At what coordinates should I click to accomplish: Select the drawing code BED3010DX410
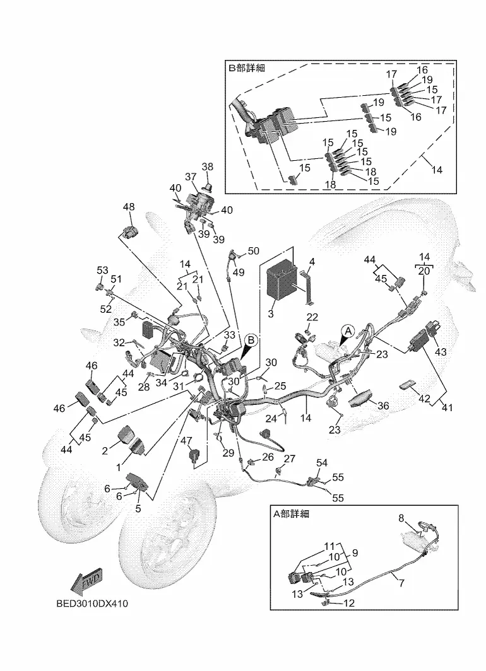pyautogui.click(x=92, y=604)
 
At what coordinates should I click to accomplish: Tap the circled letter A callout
pyautogui.click(x=348, y=331)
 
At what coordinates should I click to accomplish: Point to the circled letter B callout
pyautogui.click(x=251, y=340)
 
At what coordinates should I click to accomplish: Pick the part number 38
pyautogui.click(x=207, y=167)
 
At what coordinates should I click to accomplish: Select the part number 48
pyautogui.click(x=129, y=207)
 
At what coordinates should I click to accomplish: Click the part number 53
pyautogui.click(x=102, y=271)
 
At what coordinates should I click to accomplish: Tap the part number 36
pyautogui.click(x=383, y=405)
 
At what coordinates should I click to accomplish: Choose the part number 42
pyautogui.click(x=424, y=399)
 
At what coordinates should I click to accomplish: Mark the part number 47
pyautogui.click(x=186, y=441)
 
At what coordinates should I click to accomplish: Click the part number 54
pyautogui.click(x=322, y=463)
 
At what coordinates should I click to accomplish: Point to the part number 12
pyautogui.click(x=350, y=603)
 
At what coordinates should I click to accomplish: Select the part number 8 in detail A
pyautogui.click(x=401, y=518)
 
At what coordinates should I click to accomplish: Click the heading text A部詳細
pyautogui.click(x=291, y=514)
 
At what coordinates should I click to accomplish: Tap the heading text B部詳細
pyautogui.click(x=247, y=67)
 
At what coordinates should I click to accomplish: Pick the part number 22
pyautogui.click(x=312, y=317)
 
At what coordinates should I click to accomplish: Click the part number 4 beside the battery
pyautogui.click(x=312, y=261)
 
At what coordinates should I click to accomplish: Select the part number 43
pyautogui.click(x=441, y=352)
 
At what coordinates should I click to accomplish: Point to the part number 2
pyautogui.click(x=105, y=451)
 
